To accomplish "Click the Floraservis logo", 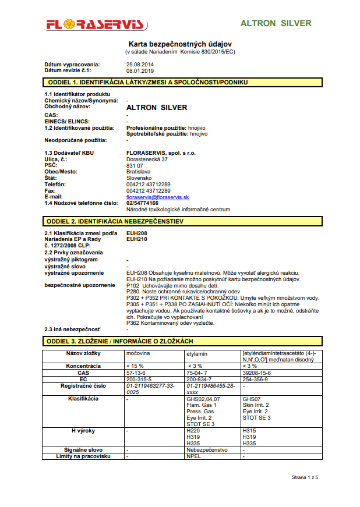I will (96, 25).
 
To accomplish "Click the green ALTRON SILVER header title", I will (276, 24).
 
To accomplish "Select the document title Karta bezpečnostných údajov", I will (180, 44).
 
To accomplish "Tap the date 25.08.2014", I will (140, 64).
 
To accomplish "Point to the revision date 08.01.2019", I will (140, 70).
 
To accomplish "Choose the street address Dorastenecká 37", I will (147, 159).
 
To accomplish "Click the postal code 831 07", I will (135, 165).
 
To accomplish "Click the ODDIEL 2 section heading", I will (114, 222).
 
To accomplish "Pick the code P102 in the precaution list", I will (133, 285).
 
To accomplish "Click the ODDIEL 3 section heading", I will (127, 341).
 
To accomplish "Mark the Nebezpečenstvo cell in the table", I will (207, 450).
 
